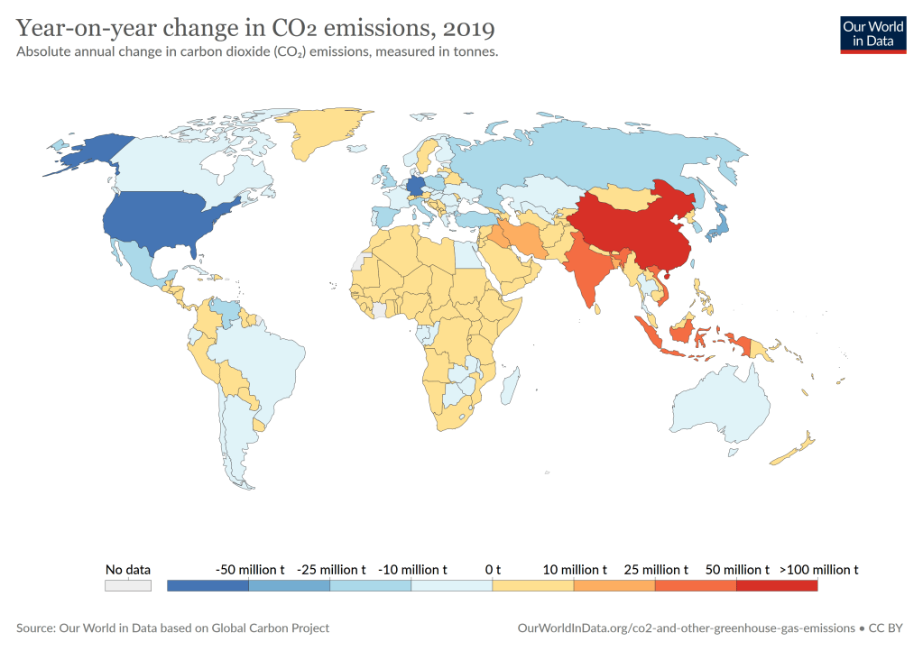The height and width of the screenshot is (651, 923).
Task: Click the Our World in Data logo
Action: pyautogui.click(x=872, y=33)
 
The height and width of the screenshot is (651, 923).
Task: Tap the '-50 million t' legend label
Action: pyautogui.click(x=250, y=570)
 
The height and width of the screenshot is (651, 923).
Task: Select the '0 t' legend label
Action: pyautogui.click(x=493, y=570)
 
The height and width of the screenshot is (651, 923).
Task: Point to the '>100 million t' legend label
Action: pyautogui.click(x=818, y=570)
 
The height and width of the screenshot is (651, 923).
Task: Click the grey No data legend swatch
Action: pyautogui.click(x=127, y=585)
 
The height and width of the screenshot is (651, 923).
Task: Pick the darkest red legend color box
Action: pyautogui.click(x=777, y=585)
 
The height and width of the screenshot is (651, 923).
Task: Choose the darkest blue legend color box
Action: pyautogui.click(x=208, y=585)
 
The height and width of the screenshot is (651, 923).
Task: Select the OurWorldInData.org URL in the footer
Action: pyautogui.click(x=686, y=628)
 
